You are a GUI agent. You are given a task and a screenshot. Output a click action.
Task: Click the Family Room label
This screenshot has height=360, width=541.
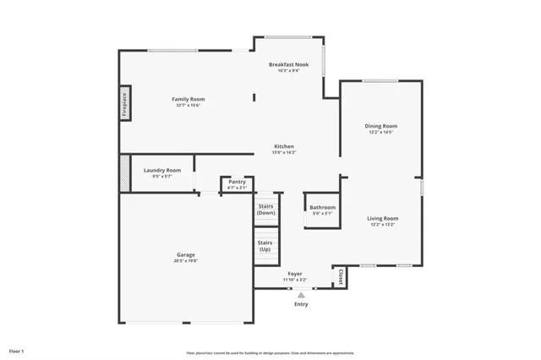pos(189,99)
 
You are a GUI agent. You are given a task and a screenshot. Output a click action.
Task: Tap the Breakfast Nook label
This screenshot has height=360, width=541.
pos(288,64)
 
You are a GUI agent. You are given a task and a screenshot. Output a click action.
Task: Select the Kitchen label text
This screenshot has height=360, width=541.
pos(283,146)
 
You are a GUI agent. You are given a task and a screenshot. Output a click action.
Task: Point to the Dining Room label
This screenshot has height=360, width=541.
pos(380,126)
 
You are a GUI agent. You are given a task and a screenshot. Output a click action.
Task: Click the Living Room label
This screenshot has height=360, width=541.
pos(382,218)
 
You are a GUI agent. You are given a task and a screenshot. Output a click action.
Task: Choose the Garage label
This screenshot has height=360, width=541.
pos(187,255)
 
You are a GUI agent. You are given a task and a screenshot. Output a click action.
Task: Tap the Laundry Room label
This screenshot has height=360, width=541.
pos(162,170)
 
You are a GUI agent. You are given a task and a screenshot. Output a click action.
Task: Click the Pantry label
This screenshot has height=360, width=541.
pos(238,182)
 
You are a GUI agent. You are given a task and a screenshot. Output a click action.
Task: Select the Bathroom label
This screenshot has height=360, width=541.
pos(322,207)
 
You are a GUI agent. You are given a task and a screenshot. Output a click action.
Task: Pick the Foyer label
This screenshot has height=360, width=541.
pos(295,274)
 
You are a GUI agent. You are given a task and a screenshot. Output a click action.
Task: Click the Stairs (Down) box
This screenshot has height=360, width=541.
pos(266,210)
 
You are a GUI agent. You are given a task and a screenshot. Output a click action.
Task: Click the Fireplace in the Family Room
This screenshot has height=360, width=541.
pos(124,103)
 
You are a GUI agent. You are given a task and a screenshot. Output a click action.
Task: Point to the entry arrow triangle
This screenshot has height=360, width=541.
pos(301,294)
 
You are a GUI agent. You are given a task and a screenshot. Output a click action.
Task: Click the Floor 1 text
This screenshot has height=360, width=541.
pos(17,350)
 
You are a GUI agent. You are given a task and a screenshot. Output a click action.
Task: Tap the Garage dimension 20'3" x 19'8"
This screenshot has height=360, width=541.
pos(187,261)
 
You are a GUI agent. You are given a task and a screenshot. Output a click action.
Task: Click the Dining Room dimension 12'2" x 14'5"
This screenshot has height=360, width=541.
pos(380,132)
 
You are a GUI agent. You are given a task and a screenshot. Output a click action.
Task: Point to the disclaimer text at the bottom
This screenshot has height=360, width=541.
pos(270,352)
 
